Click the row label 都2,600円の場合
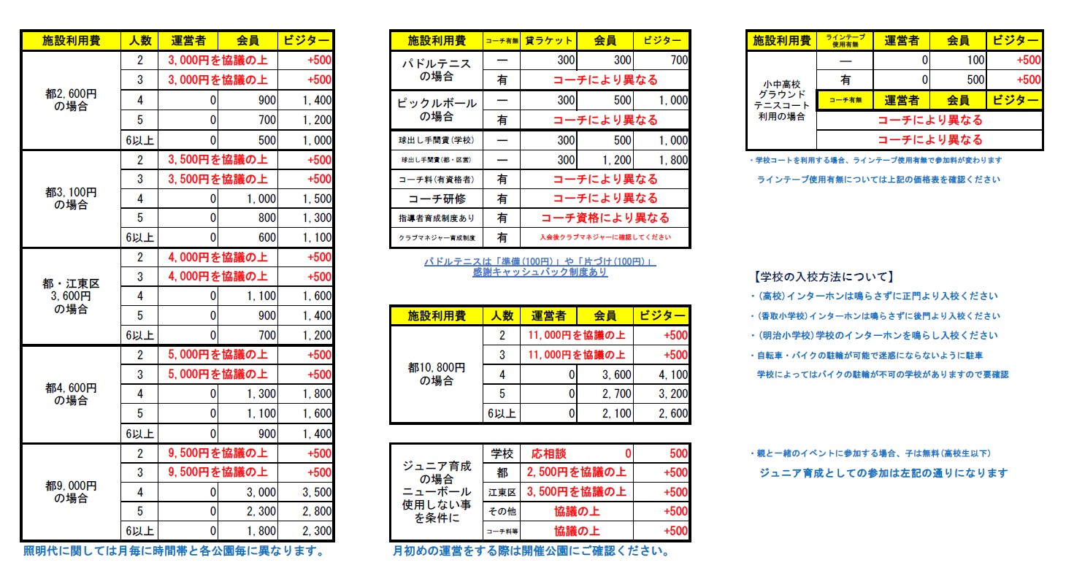pyautogui.click(x=71, y=99)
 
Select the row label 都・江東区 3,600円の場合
pyautogui.click(x=71, y=296)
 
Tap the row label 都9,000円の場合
pyautogui.click(x=71, y=492)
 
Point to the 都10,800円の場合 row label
pyautogui.click(x=437, y=375)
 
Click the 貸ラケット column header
pyautogui.click(x=549, y=40)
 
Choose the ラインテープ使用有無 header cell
pyautogui.click(x=845, y=40)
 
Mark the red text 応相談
pyautogui.click(x=547, y=453)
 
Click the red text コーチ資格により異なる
pyautogui.click(x=605, y=218)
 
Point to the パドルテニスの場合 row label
pyautogui.click(x=437, y=69)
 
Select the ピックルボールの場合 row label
pyautogui.click(x=437, y=110)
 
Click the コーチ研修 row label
pyautogui.click(x=437, y=199)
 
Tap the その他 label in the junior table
pyautogui.click(x=502, y=512)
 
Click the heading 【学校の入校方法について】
pyautogui.click(x=821, y=277)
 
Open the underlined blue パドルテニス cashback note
pyautogui.click(x=540, y=266)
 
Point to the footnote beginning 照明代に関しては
pyautogui.click(x=174, y=551)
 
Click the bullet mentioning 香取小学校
pyautogui.click(x=875, y=316)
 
